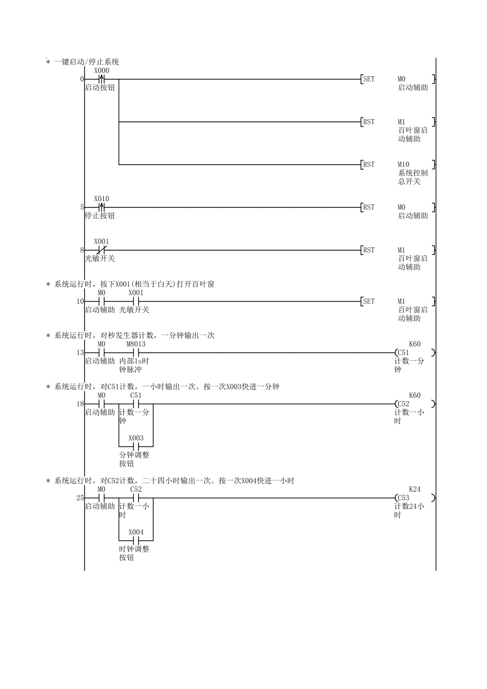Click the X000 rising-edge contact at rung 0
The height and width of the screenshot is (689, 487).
pos(102,79)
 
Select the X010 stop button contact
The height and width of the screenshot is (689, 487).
pos(102,207)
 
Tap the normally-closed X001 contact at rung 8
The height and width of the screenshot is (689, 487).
pos(102,250)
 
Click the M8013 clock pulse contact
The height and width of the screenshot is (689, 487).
pos(136,352)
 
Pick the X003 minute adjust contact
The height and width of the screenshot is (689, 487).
pos(136,447)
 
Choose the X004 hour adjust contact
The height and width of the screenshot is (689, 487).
pos(136,541)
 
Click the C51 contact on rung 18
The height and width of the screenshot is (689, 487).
pos(136,404)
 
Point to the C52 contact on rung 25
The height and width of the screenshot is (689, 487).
pos(136,498)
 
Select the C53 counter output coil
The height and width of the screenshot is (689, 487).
pos(402,498)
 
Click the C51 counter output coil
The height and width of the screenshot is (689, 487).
pos(402,352)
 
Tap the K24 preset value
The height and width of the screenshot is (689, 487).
pos(415,489)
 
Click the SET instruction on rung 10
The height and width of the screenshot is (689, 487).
pos(368,301)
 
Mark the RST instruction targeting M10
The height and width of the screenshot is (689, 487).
pos(368,165)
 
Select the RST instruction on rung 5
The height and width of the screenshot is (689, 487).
pos(368,207)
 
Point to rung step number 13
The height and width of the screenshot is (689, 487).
pos(80,352)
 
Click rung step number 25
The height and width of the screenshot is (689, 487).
pos(80,498)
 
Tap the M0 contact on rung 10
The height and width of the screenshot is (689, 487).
pos(102,301)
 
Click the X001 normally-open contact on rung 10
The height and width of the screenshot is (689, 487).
pos(136,301)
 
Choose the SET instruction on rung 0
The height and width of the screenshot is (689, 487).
pos(368,79)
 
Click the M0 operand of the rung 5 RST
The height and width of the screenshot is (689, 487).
pos(402,207)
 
